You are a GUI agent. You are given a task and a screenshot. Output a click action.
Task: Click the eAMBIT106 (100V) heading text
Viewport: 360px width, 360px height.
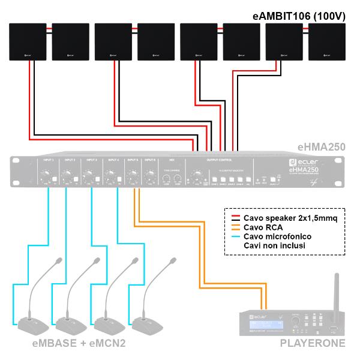299,17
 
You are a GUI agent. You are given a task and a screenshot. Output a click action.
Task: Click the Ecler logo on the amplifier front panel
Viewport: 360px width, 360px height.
293,163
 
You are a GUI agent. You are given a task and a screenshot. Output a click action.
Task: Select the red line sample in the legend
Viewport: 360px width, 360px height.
236,218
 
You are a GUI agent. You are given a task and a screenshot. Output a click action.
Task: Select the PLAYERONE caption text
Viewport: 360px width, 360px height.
312,344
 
